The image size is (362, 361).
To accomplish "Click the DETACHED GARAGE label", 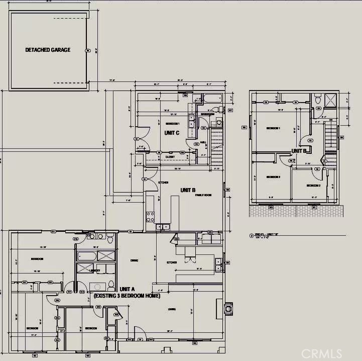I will tap(48, 50).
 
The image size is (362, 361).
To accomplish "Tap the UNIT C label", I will tap(172, 132).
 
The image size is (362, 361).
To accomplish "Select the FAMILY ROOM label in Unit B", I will tap(203, 195).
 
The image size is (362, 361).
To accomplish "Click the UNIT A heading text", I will tap(128, 290).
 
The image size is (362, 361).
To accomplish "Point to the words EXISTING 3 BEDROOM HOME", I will tap(127, 297).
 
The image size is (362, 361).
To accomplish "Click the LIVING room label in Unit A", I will tap(172, 309).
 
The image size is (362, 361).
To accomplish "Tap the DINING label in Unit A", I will tap(135, 260).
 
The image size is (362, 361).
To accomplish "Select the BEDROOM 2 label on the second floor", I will tap(273, 177).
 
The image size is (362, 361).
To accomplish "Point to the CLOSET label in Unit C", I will tap(170, 157).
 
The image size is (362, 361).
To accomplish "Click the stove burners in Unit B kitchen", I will tap(150, 217).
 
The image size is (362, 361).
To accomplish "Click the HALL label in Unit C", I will tap(203, 142).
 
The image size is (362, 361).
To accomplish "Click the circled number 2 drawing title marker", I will tap(251, 235).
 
